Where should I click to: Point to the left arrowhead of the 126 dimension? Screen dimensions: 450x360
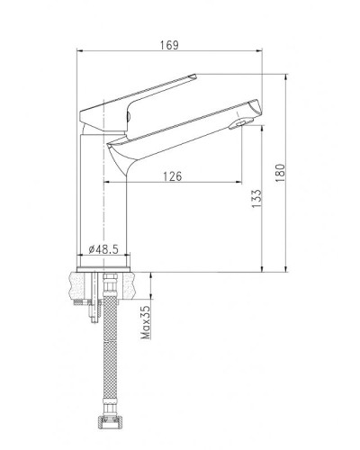point(108,184)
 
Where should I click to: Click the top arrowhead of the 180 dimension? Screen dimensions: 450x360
point(287,74)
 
